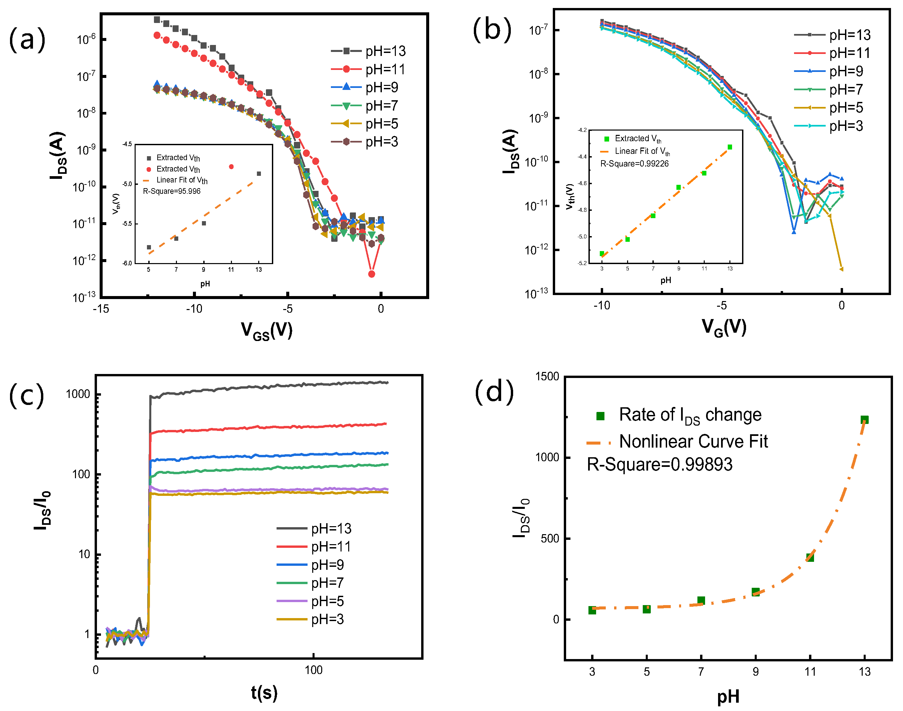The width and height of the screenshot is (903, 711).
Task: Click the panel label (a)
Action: tap(27, 39)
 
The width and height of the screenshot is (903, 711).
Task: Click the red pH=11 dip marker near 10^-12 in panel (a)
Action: tap(372, 274)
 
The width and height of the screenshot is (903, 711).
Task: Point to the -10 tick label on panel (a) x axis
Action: tap(194, 309)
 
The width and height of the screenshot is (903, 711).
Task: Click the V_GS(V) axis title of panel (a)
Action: tap(267, 331)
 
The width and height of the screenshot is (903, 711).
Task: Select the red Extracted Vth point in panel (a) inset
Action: tap(231, 167)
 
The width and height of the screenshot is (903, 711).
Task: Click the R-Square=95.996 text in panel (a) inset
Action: tap(172, 191)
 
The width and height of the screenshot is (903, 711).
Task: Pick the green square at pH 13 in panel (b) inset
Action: tap(730, 147)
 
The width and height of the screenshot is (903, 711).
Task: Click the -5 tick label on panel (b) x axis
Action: tap(721, 306)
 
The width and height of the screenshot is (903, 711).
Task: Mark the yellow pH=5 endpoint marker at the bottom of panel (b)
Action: tap(841, 269)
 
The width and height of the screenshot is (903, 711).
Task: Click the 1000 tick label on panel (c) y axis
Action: tap(78, 394)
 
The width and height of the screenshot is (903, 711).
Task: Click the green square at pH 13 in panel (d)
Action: tap(864, 420)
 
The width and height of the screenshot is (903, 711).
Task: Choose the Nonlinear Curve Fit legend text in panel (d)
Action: tap(693, 441)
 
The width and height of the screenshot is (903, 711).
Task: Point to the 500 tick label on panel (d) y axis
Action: tap(550, 538)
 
